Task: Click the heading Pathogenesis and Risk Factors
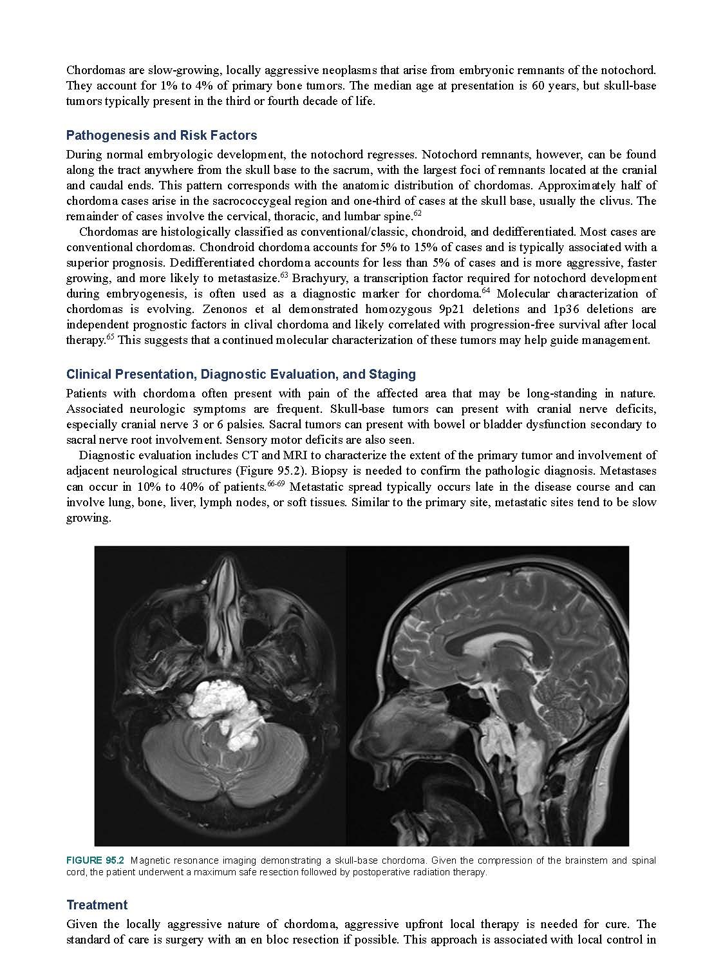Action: pos(162,135)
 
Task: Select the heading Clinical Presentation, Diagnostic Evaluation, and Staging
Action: pos(241,374)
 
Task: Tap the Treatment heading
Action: pos(97,905)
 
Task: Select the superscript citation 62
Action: pos(417,213)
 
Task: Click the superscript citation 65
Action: pos(110,337)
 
